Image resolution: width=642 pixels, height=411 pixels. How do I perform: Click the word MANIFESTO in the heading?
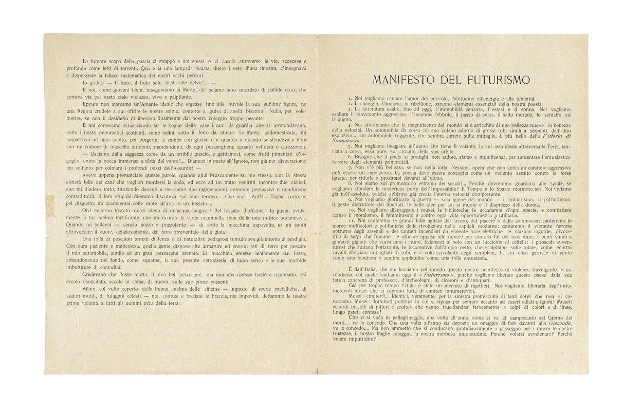406,80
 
